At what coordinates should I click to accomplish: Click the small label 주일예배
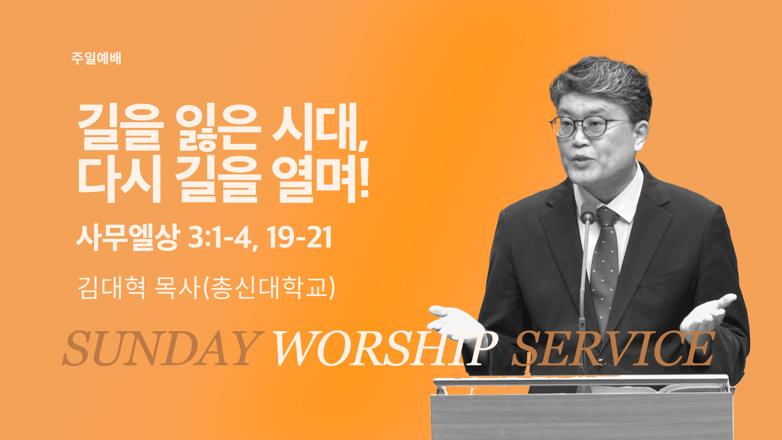[97, 58]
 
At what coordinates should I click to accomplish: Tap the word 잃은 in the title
[218, 127]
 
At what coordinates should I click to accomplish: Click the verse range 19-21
[299, 238]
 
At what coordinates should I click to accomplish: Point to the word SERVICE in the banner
[613, 348]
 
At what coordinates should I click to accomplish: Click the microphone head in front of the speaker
[588, 212]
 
